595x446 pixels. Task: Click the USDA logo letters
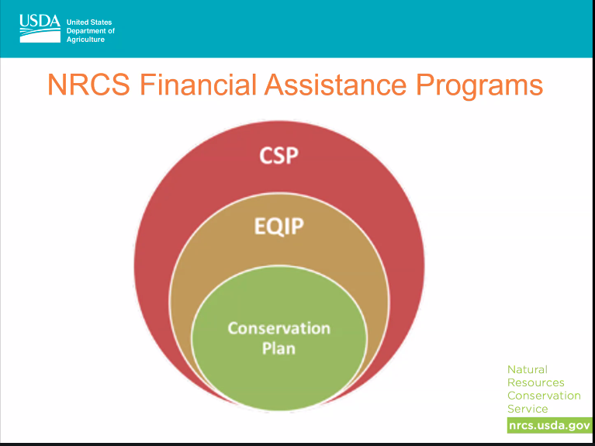pos(39,23)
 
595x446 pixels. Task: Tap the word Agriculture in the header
pos(86,40)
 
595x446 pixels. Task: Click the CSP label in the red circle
pos(278,155)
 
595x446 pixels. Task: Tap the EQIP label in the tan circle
pos(278,228)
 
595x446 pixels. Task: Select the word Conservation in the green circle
pos(278,327)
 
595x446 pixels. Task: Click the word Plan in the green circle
pos(278,348)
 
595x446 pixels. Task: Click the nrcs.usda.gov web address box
pos(549,425)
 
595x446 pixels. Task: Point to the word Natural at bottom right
pos(528,370)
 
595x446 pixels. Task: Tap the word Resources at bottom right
pos(536,382)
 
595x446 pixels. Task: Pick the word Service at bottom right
pos(528,409)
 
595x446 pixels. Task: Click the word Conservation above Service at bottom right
pos(544,396)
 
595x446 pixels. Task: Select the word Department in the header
pos(91,31)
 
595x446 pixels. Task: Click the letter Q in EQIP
pos(272,229)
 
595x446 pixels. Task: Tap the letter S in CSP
pos(278,155)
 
